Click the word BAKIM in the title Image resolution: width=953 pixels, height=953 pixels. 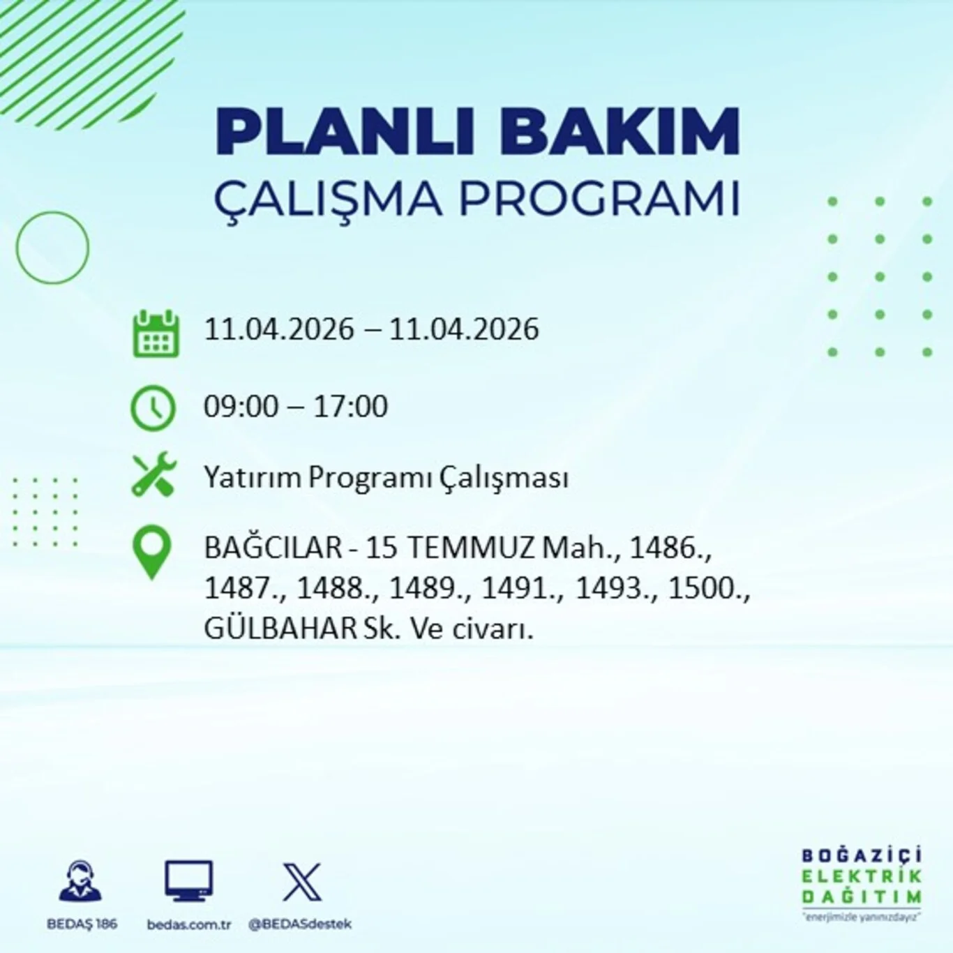click(619, 132)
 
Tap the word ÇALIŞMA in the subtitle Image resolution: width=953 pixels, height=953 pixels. click(328, 200)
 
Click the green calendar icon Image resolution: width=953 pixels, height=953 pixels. click(156, 334)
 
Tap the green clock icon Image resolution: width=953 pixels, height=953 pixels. click(153, 407)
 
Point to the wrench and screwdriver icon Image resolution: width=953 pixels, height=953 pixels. click(154, 474)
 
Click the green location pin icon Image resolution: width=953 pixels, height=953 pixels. click(152, 551)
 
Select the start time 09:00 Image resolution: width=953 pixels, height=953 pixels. click(241, 407)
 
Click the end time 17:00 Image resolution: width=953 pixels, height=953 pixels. click(350, 407)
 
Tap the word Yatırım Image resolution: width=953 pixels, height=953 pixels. click(253, 478)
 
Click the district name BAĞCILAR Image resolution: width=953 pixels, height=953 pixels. click(273, 548)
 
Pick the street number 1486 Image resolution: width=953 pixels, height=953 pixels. click(668, 548)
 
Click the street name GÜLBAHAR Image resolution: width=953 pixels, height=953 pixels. click(280, 629)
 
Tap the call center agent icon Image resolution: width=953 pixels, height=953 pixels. click(81, 882)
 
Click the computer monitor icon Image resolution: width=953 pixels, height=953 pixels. click(188, 880)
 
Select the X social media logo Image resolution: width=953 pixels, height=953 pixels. click(302, 882)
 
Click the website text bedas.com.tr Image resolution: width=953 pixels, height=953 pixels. click(188, 924)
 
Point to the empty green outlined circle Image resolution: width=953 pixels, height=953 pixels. click(52, 248)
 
